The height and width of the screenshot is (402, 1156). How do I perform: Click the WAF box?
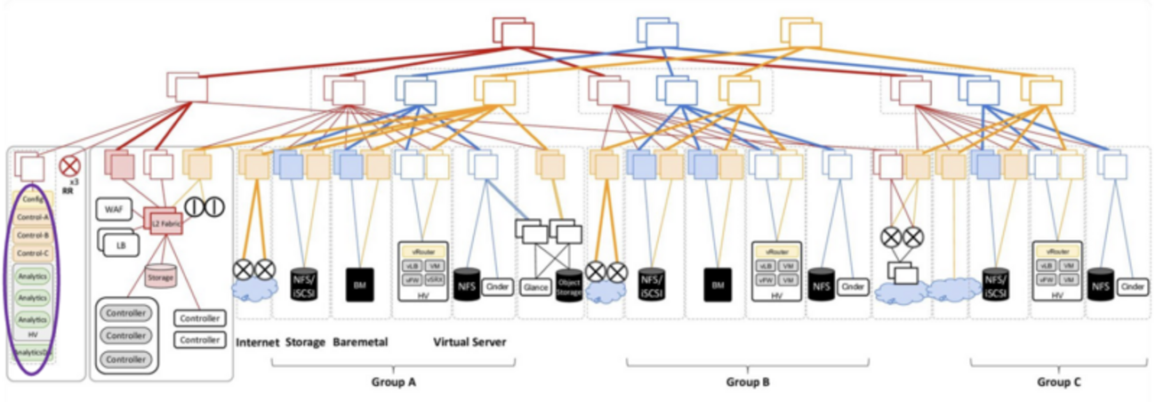coord(112,210)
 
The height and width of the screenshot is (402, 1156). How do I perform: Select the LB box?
coord(119,244)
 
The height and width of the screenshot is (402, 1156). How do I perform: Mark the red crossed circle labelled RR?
coord(69,165)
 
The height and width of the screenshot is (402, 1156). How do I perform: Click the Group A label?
coord(394,382)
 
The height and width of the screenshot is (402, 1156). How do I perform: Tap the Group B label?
coord(747,382)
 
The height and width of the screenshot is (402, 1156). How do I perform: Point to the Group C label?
coord(1059,382)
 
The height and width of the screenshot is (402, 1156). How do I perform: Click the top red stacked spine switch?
coord(513,31)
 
